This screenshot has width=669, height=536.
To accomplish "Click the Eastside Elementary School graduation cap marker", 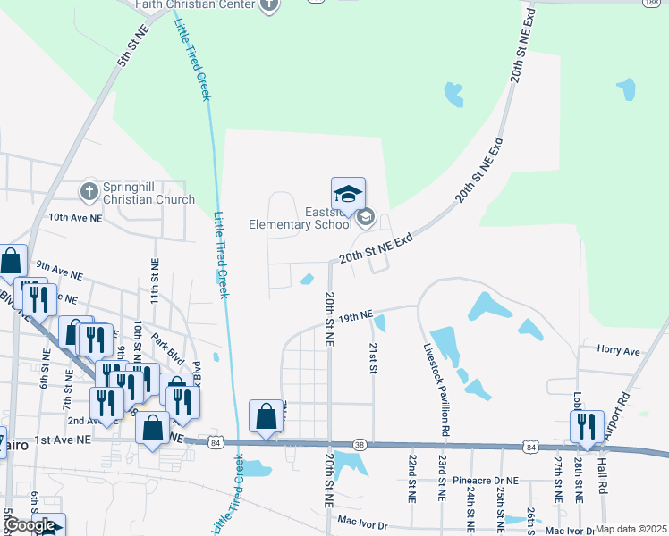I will [349, 193].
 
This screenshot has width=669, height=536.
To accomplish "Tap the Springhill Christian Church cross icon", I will [89, 190].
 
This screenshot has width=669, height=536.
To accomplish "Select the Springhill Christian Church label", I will [148, 194].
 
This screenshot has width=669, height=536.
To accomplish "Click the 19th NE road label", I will [354, 316].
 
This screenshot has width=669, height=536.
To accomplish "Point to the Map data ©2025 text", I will [631, 529].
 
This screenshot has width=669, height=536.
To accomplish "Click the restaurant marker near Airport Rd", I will [586, 426].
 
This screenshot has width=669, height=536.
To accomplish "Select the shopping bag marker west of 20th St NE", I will [266, 416].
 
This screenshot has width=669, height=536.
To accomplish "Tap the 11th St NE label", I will [156, 278].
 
